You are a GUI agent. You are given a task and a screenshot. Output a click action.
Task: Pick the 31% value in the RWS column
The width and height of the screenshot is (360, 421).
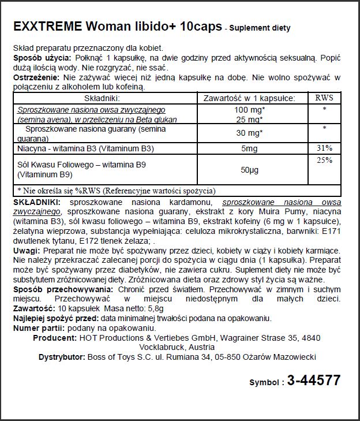click(x=324, y=148)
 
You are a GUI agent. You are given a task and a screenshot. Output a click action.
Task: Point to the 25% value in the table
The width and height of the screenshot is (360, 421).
click(x=324, y=161)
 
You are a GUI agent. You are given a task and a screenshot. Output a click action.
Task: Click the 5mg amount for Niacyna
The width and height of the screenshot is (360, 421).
click(x=250, y=148)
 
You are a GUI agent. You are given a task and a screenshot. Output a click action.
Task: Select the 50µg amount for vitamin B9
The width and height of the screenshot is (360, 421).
click(x=250, y=170)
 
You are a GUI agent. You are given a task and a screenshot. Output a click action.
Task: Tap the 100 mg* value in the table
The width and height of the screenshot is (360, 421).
click(x=250, y=110)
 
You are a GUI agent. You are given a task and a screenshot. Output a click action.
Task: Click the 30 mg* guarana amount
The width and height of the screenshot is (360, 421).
click(x=250, y=133)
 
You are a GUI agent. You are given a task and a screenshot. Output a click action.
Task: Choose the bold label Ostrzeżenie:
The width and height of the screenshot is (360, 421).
click(x=35, y=77)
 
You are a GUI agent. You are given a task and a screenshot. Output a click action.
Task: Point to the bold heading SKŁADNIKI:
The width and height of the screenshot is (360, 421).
click(x=37, y=203)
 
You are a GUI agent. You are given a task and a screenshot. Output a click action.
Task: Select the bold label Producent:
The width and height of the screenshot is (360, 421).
click(x=56, y=337)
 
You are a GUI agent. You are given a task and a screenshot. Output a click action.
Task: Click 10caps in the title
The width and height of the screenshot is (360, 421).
click(x=200, y=27)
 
